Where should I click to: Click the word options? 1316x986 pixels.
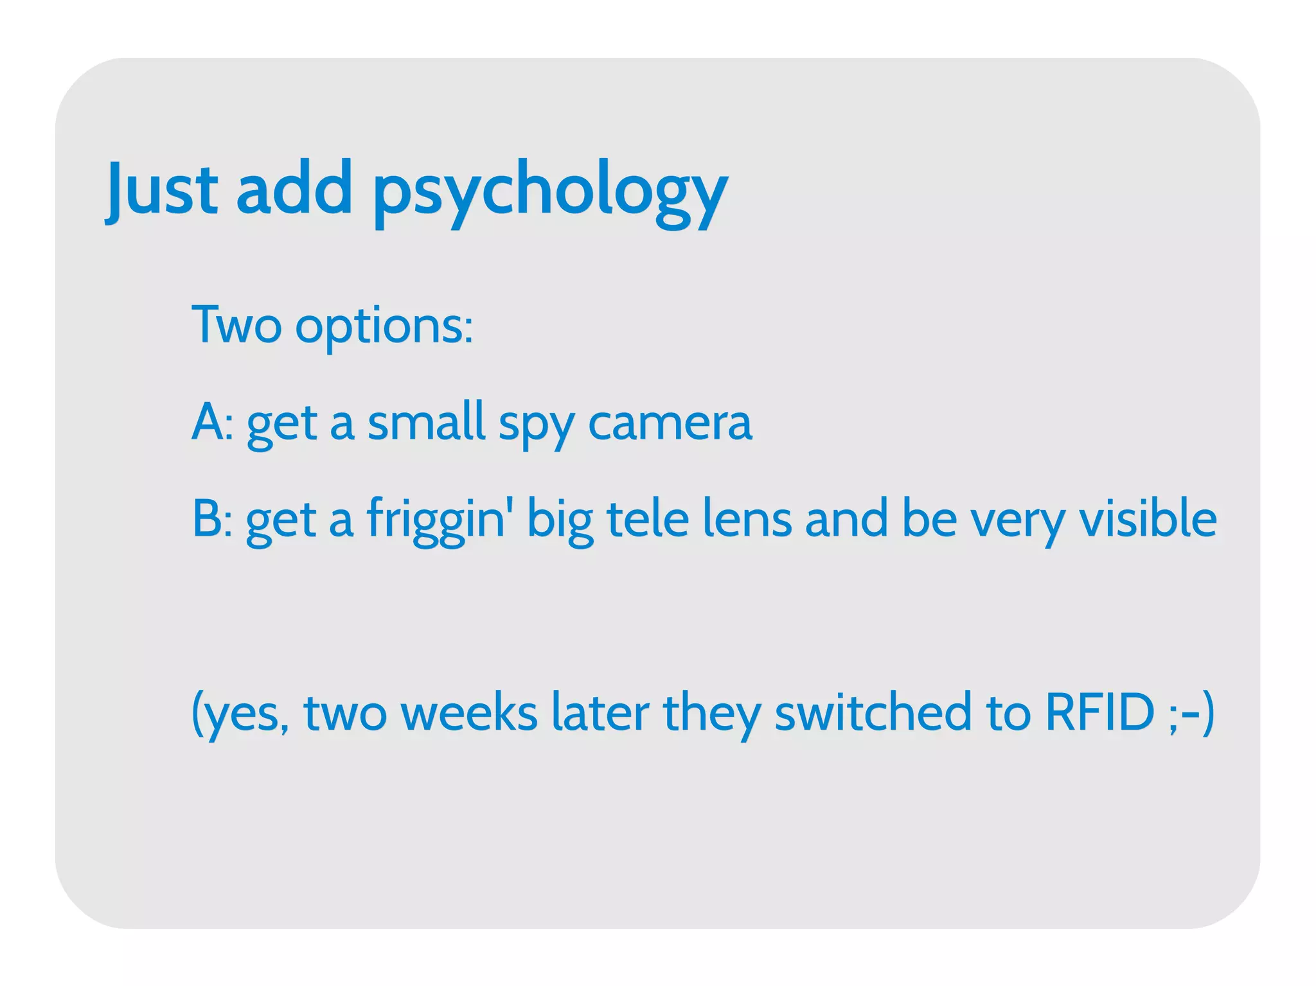point(384,326)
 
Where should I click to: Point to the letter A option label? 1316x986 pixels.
point(208,422)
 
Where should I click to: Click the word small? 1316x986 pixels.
point(426,422)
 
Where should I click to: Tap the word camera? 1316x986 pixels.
point(670,423)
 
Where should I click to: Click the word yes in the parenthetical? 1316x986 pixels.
point(244,714)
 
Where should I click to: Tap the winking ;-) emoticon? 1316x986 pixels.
point(1192,713)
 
